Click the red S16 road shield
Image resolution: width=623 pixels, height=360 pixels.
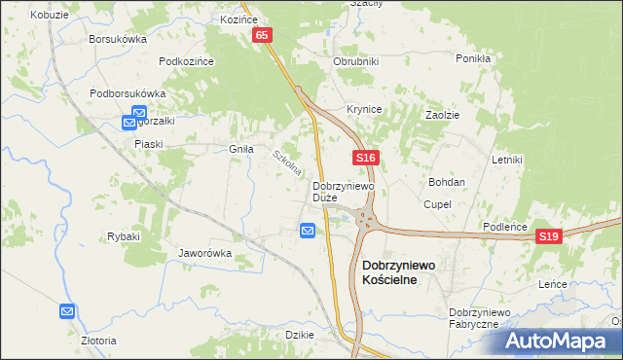[365, 157]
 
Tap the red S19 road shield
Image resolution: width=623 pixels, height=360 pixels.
[550, 236]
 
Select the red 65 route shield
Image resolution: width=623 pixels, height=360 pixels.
[262, 35]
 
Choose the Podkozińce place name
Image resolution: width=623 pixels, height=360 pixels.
[186, 60]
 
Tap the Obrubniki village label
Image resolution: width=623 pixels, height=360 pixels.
[355, 60]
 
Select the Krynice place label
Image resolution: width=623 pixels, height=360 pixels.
[364, 109]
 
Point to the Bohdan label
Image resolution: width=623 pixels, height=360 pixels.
[447, 182]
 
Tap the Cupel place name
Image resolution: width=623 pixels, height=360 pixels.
[435, 204]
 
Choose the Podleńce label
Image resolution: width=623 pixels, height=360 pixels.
[505, 227]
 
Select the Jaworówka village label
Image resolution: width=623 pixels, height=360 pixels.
[204, 253]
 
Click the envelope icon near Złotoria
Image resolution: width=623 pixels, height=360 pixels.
[67, 311]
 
